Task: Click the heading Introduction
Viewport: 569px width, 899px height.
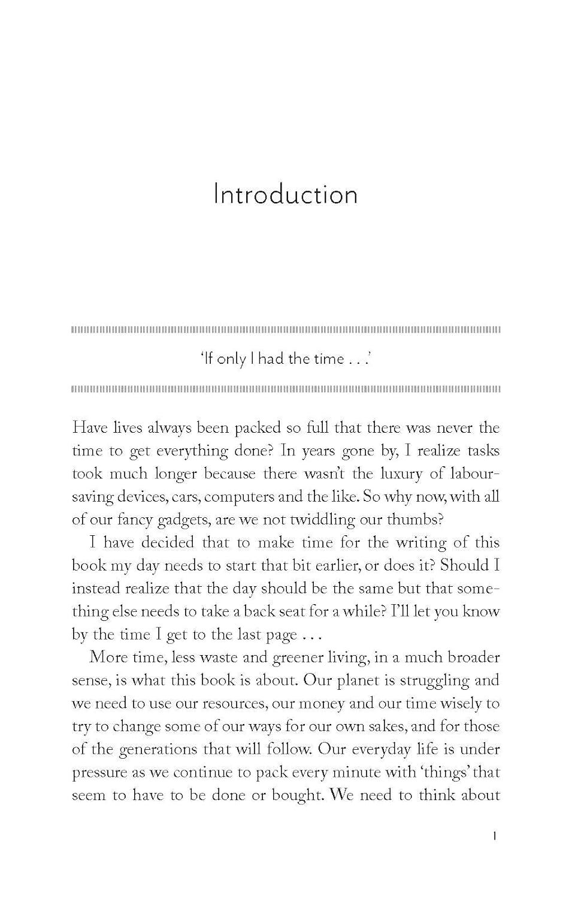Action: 285,195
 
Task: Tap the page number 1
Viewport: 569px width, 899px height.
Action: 494,836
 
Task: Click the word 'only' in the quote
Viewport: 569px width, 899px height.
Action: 232,359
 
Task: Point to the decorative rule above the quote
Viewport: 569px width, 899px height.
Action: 285,330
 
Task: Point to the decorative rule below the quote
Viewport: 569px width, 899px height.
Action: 285,389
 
